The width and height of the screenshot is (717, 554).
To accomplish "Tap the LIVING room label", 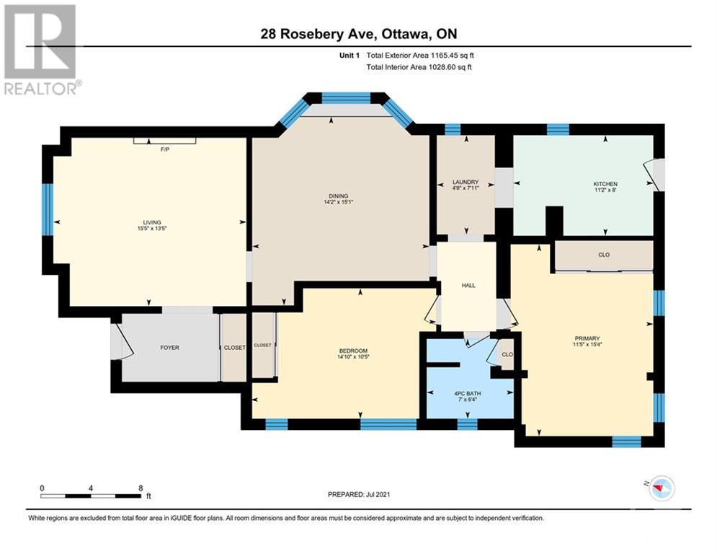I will point(151,222).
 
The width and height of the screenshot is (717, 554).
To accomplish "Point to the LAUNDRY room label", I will point(465,182).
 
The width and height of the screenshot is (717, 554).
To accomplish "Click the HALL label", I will point(468,286).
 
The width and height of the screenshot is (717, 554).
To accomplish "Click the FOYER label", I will point(169,348).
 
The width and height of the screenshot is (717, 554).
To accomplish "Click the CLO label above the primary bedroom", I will point(604,255).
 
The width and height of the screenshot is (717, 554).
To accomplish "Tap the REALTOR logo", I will point(41,50).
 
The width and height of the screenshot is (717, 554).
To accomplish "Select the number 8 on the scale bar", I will point(141,488).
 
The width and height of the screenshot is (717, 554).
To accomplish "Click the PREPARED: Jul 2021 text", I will point(358,494).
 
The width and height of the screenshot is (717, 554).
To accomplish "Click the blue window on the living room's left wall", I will point(48,209).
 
